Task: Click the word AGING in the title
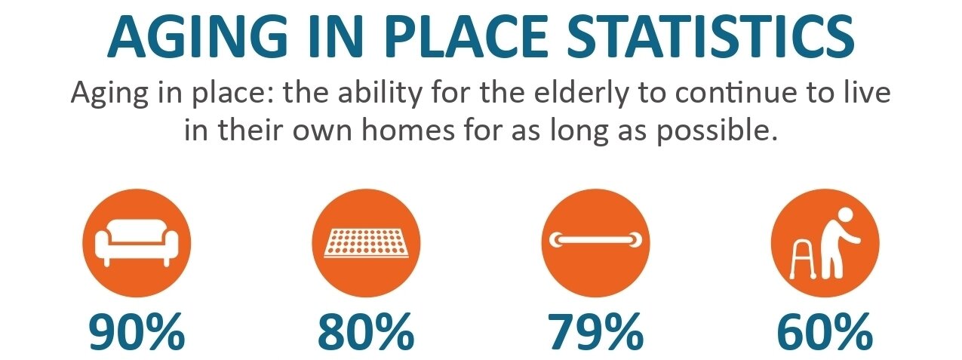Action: point(197,35)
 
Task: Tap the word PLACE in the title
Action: point(466,35)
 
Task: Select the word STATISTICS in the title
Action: point(711,35)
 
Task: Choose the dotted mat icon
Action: point(367,243)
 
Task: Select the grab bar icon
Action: point(595,240)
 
